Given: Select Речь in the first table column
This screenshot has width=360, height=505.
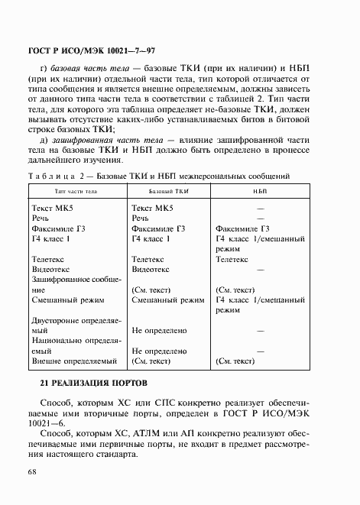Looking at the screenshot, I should pyautogui.click(x=44, y=217).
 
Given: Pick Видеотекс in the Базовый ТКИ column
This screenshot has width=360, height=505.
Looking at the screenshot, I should pyautogui.click(x=155, y=270).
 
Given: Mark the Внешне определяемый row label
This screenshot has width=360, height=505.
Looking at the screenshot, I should pyautogui.click(x=73, y=360).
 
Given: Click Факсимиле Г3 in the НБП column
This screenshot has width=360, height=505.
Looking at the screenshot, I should pyautogui.click(x=243, y=228).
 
